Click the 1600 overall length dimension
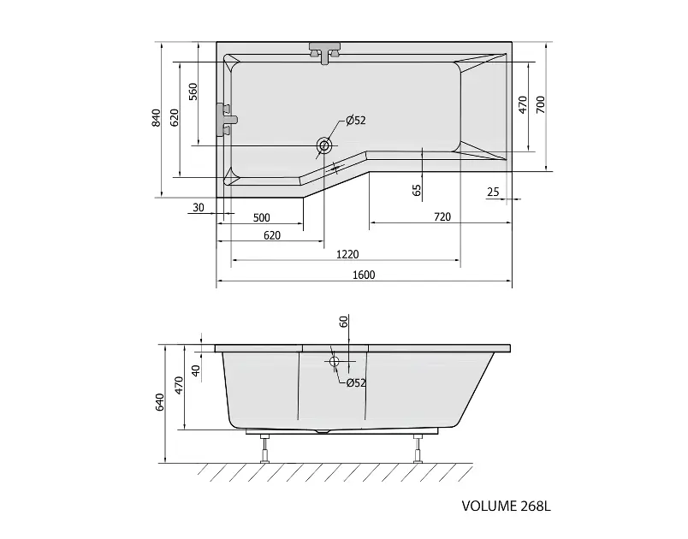pos(364,275)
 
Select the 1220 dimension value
pos(347,254)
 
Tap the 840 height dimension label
pos(157,118)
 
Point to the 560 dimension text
pos(193,92)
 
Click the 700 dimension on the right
pos(541,105)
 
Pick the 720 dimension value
pos(442,216)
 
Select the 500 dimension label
pos(262,217)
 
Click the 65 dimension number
pos(417,190)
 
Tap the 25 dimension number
pos(493,192)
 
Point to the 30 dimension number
pos(199,207)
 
